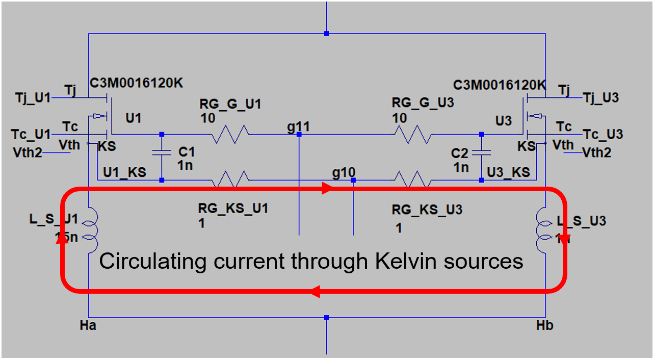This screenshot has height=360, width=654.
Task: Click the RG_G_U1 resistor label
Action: (230, 105)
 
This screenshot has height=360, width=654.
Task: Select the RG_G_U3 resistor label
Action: (423, 103)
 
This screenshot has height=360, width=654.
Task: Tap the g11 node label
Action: (298, 126)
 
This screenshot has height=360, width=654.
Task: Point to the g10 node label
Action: (344, 173)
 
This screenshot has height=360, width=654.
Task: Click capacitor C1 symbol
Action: (162, 153)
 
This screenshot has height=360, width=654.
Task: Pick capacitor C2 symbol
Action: (481, 152)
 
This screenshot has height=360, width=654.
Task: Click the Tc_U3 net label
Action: (603, 134)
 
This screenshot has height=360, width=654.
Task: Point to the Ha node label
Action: (88, 325)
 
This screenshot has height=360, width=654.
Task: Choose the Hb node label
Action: (545, 325)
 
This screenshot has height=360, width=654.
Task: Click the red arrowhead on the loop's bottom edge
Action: (315, 292)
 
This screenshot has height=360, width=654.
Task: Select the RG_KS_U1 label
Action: (233, 208)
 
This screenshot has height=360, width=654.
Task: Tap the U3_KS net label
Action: (508, 172)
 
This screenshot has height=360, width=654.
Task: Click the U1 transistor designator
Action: (134, 119)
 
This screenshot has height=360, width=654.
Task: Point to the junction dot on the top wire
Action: (327, 34)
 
